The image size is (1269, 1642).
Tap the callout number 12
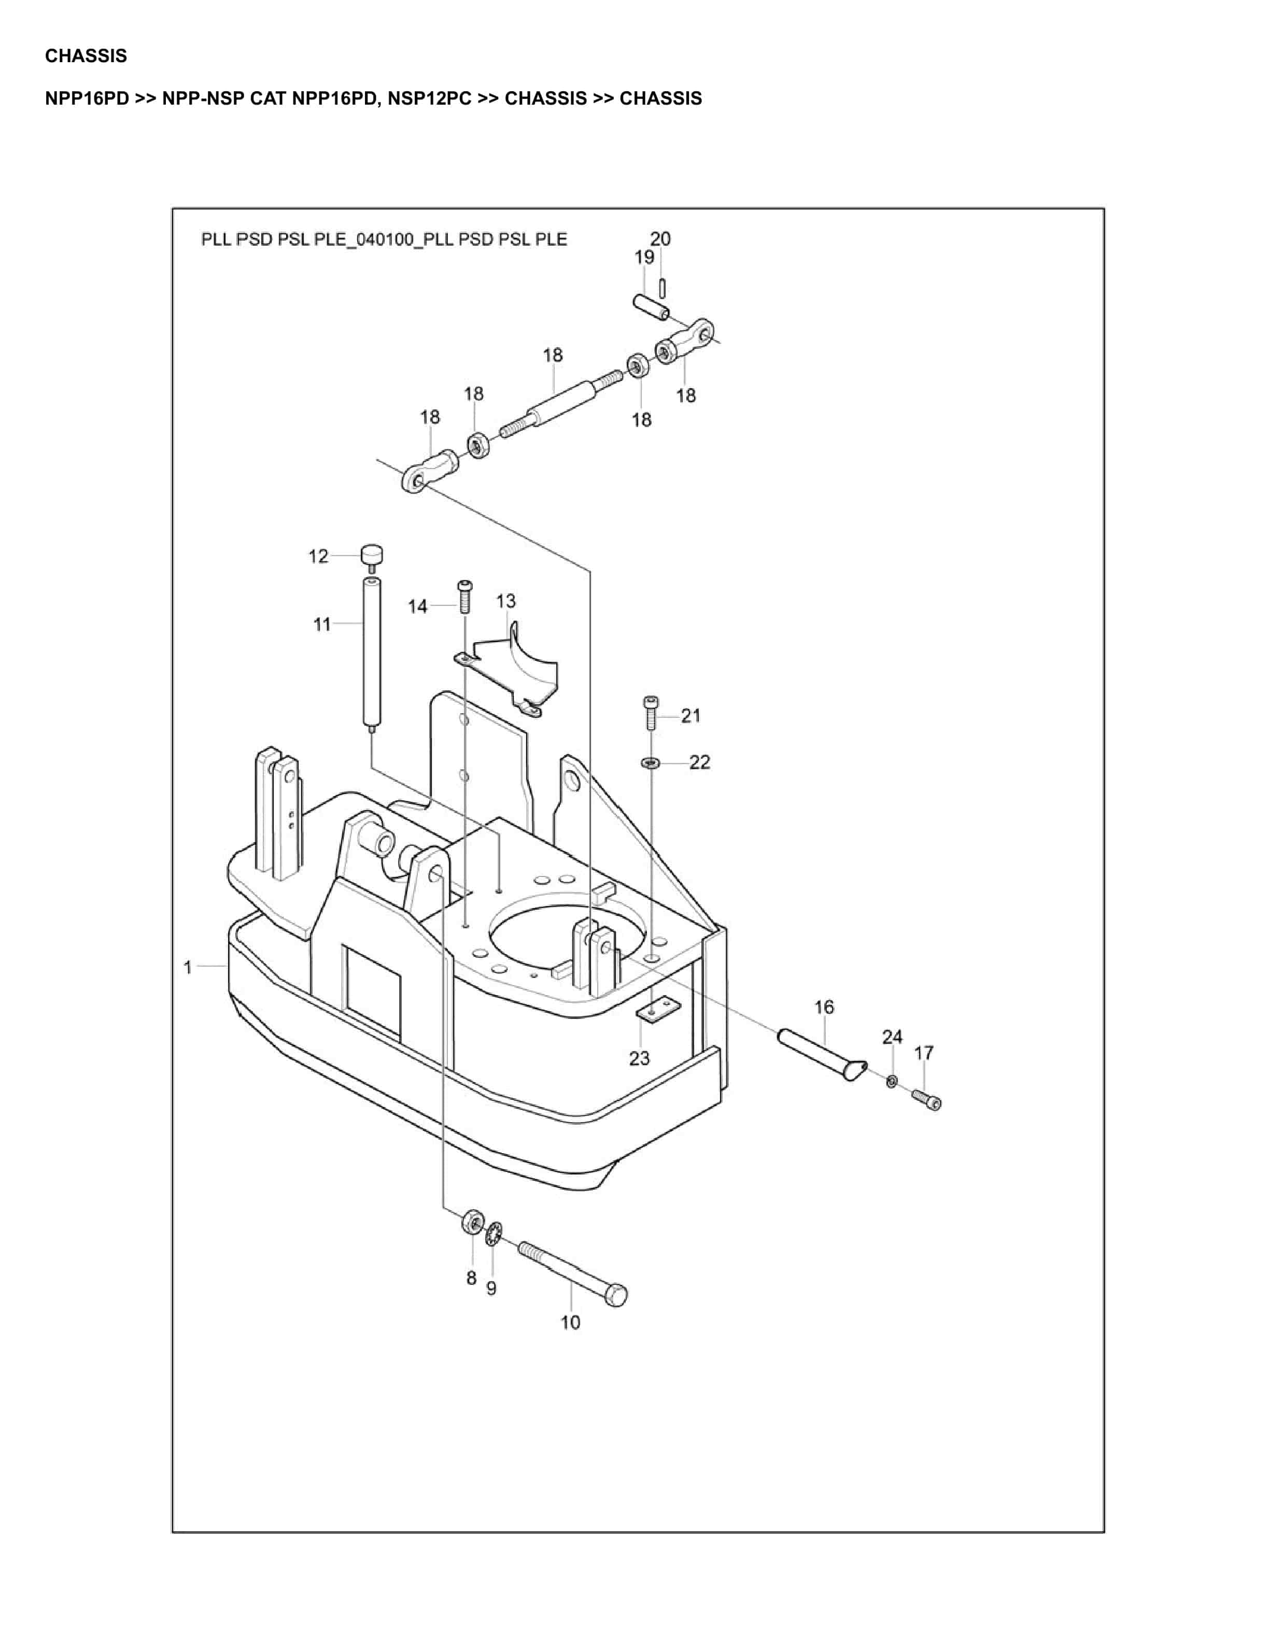coord(319,556)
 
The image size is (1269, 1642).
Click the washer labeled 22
coord(650,763)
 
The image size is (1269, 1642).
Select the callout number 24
coord(892,1038)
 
